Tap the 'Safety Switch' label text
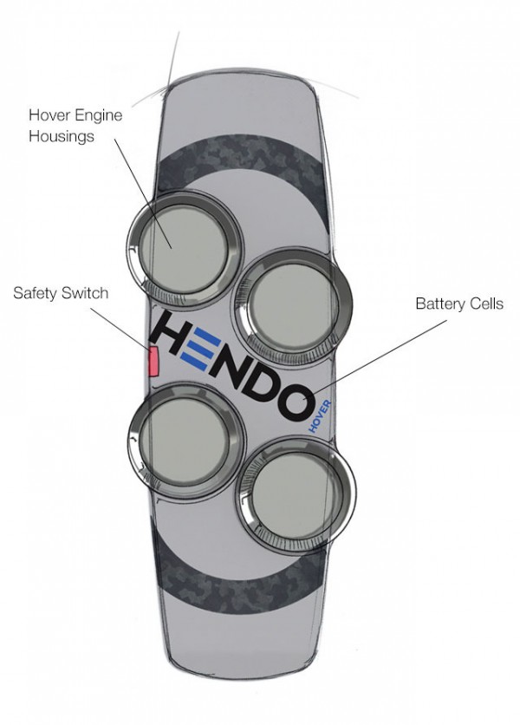click(61, 292)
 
